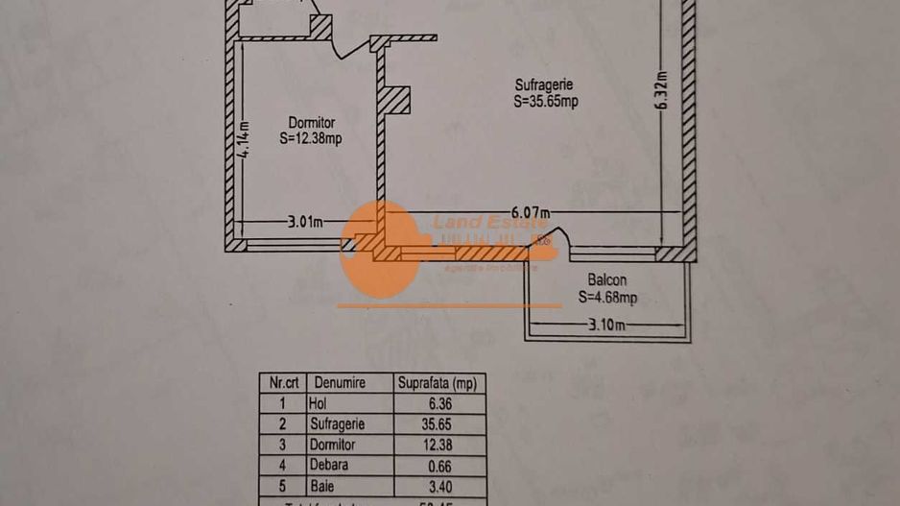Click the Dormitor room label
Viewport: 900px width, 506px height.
pos(312,123)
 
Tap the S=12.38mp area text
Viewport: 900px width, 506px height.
pos(311,138)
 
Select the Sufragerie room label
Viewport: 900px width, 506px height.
pos(544,84)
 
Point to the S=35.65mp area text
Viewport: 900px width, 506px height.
pos(546,100)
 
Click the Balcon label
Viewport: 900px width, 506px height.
pos(607,280)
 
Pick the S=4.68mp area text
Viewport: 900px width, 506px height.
pos(607,298)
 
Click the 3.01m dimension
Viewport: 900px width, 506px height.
pos(305,223)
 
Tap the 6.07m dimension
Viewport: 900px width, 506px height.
pos(530,212)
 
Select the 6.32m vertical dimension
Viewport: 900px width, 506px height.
pos(662,91)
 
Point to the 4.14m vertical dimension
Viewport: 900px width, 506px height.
pos(246,139)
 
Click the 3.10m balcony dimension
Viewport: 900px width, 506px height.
pos(606,326)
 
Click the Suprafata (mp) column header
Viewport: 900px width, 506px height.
pos(438,383)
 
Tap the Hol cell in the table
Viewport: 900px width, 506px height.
pos(319,403)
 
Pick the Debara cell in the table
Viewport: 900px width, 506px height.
pos(329,465)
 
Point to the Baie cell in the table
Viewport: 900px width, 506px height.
pos(322,485)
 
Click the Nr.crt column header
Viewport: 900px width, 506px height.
pos(282,383)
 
